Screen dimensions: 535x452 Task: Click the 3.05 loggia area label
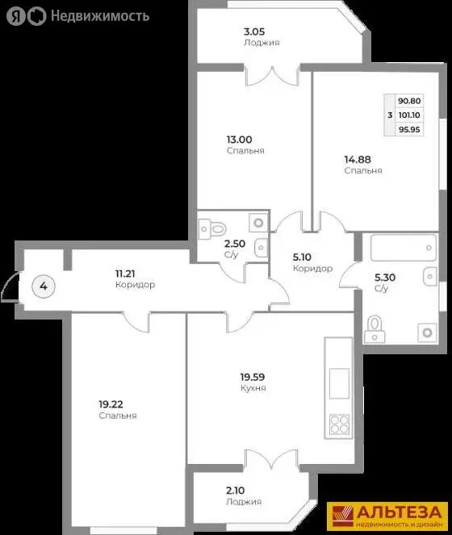[x=255, y=32]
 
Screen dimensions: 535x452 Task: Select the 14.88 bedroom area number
[x=358, y=159]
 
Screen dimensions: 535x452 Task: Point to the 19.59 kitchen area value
[x=253, y=376]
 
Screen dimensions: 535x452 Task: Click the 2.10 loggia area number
[x=236, y=490]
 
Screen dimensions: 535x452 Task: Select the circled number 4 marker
[x=44, y=285]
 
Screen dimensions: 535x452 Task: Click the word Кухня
[x=253, y=388]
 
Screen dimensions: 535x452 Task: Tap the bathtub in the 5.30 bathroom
[x=402, y=249]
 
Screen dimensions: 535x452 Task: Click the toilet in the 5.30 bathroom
[x=375, y=327]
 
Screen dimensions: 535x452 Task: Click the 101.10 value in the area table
[x=409, y=115]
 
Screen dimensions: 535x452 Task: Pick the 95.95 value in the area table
[x=409, y=128]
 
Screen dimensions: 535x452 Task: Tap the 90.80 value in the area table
[x=409, y=101]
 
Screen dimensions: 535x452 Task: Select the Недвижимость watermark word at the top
[x=100, y=15]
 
